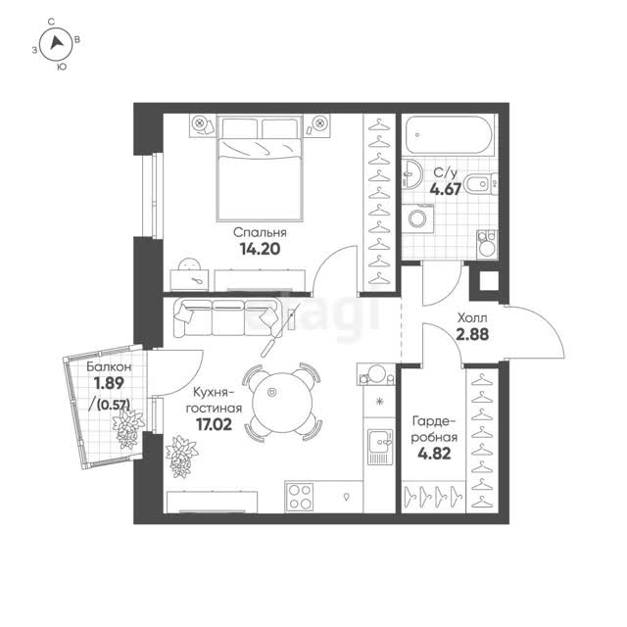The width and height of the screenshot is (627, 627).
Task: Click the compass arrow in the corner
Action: coord(57,42)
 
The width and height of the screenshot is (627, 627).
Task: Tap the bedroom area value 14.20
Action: coord(260,249)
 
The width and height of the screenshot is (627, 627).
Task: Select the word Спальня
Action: coord(260,232)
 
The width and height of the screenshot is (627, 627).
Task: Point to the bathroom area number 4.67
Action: coord(446,189)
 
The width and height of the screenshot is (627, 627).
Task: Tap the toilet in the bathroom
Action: coord(482,184)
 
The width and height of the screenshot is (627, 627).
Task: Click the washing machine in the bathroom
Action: coord(418,218)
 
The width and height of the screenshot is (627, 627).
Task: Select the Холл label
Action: coord(472,318)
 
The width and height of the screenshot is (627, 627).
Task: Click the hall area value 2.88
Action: coord(472,334)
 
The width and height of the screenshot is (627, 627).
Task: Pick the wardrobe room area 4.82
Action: coord(434,454)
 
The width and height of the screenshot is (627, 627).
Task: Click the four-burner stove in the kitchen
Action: coord(300,497)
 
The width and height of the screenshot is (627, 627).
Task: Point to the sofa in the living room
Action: coord(226,317)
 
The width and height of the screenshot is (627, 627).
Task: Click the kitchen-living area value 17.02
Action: coord(214,424)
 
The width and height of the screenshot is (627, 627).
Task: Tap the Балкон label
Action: coord(109,366)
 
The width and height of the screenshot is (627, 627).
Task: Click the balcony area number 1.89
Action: coord(109,383)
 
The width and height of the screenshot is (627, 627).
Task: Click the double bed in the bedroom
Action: coord(259,168)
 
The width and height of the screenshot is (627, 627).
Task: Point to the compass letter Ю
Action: coord(61,67)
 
